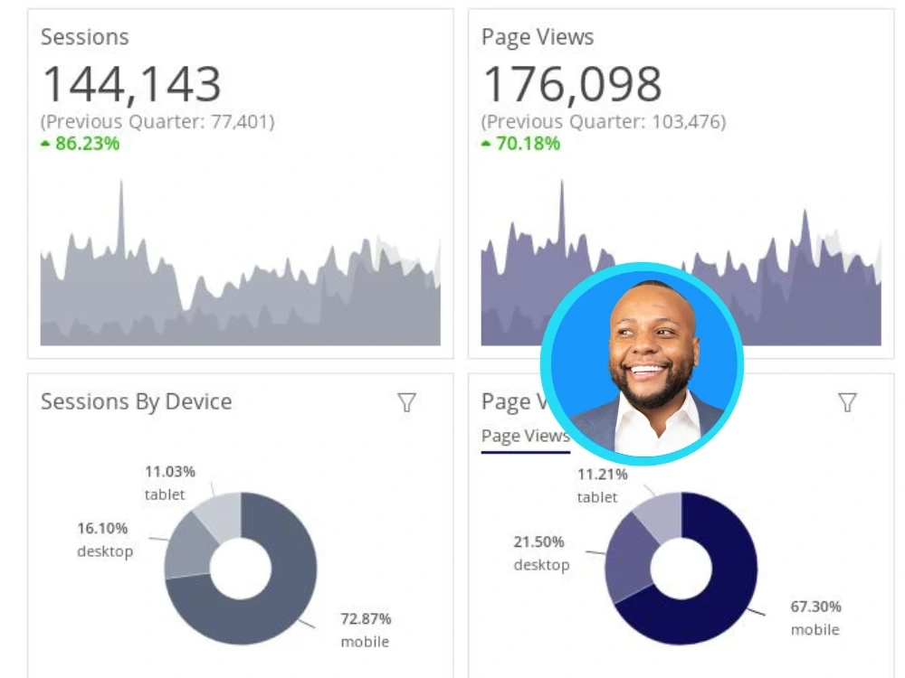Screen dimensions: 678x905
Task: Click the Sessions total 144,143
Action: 131,84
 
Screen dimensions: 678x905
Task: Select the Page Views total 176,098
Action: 572,84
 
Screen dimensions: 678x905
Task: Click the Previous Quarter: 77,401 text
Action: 157,121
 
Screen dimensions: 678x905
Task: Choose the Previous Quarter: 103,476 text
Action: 604,121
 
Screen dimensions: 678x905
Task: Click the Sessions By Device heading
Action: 136,402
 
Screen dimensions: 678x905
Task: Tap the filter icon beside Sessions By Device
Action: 407,403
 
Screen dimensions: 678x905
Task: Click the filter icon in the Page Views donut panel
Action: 847,403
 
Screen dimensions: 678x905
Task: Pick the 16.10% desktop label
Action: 104,540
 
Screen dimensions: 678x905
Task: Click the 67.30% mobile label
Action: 815,617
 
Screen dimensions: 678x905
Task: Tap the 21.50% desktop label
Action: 541,553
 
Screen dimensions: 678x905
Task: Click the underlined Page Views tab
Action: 525,437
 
